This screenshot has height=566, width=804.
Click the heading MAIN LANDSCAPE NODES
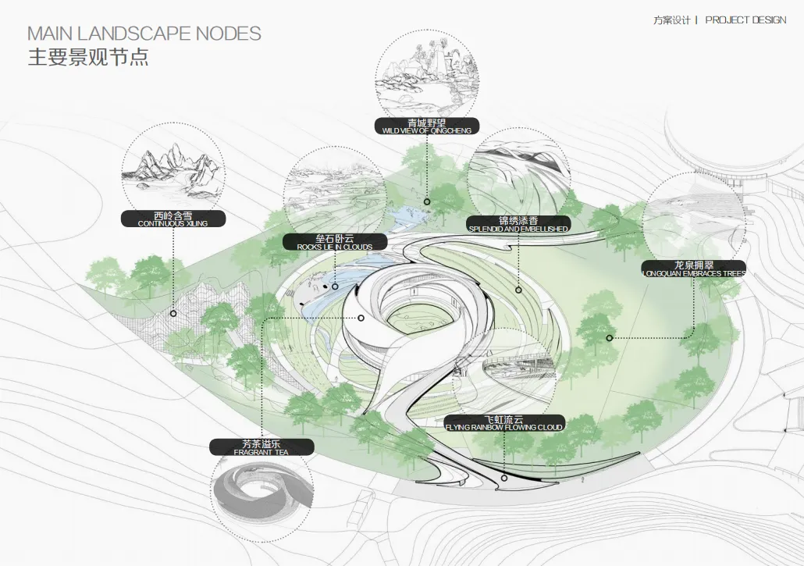[x=144, y=34]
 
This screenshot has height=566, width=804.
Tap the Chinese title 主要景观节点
[x=88, y=58]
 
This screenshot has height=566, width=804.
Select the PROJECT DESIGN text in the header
[x=745, y=20]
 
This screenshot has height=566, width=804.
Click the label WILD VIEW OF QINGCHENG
[x=426, y=126]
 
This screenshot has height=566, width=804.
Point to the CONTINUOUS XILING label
[x=173, y=219]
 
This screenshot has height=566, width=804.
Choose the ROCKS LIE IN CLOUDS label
[x=335, y=243]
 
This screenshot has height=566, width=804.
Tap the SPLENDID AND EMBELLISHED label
[x=518, y=225]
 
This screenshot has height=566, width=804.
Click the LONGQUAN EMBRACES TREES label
[x=693, y=269]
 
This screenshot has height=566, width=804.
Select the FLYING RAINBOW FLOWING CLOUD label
[x=503, y=423]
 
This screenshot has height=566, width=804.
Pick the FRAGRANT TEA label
[x=261, y=447]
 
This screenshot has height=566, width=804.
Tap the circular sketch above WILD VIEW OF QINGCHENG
[x=427, y=73]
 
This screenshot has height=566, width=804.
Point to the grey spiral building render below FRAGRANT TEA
[x=263, y=496]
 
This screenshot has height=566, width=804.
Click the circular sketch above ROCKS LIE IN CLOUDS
[x=334, y=190]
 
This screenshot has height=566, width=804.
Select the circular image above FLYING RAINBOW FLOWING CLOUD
[x=504, y=372]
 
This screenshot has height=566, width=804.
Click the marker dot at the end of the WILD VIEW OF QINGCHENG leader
[x=427, y=201]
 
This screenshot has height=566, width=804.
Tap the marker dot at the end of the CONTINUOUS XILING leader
[x=173, y=314]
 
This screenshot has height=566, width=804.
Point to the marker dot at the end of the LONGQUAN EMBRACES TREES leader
[x=609, y=337]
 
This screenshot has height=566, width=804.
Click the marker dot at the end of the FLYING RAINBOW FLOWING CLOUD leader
[x=504, y=477]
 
